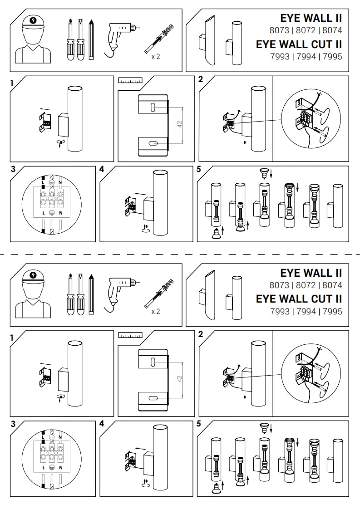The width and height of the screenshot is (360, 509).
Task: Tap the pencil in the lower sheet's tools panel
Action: tap(92, 294)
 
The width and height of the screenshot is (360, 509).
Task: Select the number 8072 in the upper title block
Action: tap(306, 30)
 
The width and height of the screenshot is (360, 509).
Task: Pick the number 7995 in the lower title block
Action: tap(333, 311)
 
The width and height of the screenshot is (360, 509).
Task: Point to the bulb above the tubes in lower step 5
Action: tap(263, 426)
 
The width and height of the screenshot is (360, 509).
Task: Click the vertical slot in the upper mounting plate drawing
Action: tap(152, 107)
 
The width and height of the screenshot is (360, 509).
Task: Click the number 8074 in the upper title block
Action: tap(332, 30)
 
